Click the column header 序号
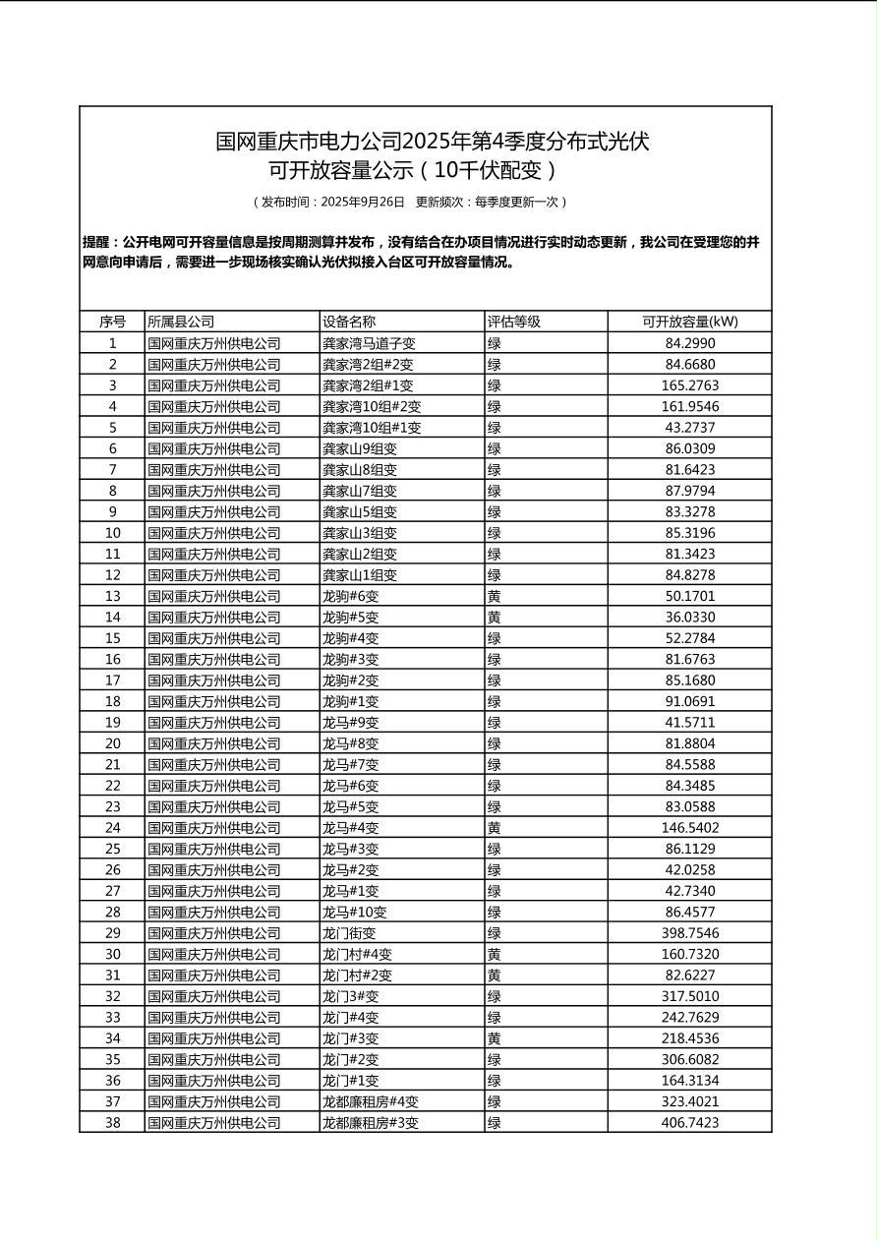(112, 322)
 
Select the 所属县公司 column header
(181, 322)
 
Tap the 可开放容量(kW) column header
(689, 322)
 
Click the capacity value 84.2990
(689, 343)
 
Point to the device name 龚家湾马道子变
(369, 343)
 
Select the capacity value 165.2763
(689, 385)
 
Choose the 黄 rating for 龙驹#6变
(495, 596)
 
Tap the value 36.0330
(689, 618)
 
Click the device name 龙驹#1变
(350, 701)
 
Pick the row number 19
(112, 723)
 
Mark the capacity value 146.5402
(689, 828)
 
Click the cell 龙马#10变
(354, 913)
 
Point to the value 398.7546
(689, 933)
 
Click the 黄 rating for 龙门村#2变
(495, 975)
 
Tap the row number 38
(112, 1123)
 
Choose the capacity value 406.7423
(689, 1123)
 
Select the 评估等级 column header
(514, 322)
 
